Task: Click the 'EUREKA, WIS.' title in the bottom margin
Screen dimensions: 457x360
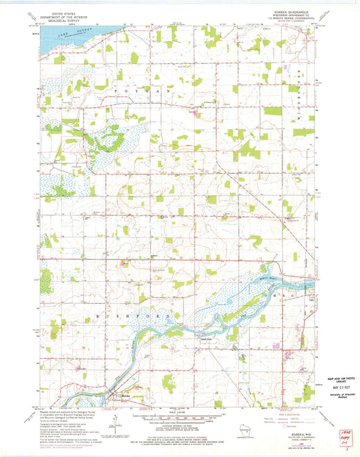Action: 286,417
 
